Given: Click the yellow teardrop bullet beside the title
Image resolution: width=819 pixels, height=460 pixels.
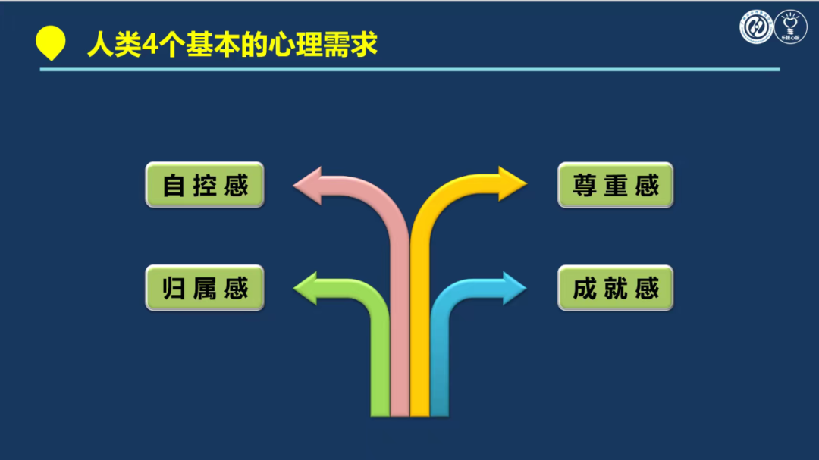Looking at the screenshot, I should tap(51, 42).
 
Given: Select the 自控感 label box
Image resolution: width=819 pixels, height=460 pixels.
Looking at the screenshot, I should tap(205, 185).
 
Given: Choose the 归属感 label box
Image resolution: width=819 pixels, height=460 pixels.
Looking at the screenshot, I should tap(205, 288).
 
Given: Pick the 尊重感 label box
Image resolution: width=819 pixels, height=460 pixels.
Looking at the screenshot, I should tap(615, 185).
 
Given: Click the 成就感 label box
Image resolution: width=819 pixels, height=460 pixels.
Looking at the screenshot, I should tap(615, 288).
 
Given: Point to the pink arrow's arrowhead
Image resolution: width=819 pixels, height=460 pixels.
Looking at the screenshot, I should tap(308, 186).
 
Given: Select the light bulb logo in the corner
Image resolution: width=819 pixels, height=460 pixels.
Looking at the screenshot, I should tap(791, 27).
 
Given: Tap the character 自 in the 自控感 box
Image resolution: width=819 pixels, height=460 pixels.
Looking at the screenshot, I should tap(174, 186).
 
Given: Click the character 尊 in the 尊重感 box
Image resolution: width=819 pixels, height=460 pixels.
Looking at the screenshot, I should tap(585, 186).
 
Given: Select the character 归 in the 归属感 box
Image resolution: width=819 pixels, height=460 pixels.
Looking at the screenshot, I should tap(174, 289).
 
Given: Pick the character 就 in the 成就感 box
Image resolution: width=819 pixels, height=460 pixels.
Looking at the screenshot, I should tap(616, 289).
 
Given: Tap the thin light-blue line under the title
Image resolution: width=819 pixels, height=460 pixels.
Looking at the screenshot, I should tap(409, 70).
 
